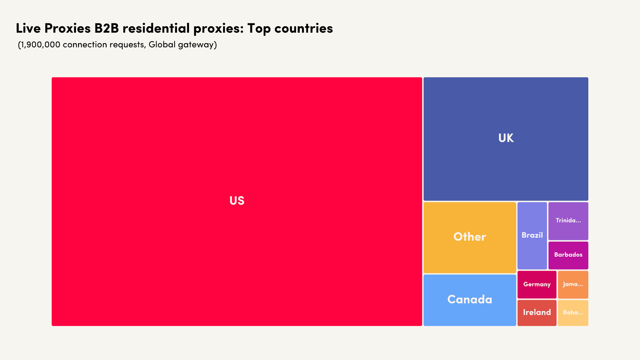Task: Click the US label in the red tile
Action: [x=237, y=201]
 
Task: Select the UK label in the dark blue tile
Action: [x=506, y=138]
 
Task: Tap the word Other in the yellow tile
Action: [x=470, y=237]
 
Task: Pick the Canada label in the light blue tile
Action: [x=470, y=299]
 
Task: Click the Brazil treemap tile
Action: [x=532, y=235]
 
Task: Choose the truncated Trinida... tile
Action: [x=568, y=221]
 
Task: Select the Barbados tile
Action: [x=568, y=255]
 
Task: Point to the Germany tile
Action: [x=537, y=284]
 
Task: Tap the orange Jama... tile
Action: [x=573, y=284]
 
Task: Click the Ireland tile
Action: [x=537, y=312]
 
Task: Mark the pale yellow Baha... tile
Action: [x=573, y=312]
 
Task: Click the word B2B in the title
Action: [x=107, y=28]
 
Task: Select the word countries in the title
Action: [x=303, y=28]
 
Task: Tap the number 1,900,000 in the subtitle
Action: [x=40, y=45]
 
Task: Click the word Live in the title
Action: [x=28, y=28]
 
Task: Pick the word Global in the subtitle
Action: [x=162, y=45]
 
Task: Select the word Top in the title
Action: [x=259, y=28]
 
